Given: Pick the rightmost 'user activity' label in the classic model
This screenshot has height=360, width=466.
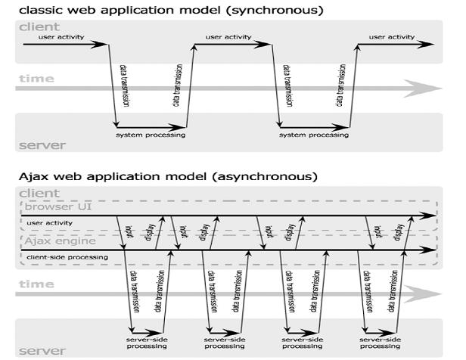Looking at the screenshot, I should [x=392, y=36].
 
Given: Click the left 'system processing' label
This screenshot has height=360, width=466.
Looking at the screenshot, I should [x=151, y=135].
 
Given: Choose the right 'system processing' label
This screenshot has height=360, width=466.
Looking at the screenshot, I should [x=314, y=135].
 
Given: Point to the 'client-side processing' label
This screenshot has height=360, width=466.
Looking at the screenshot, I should [x=67, y=257].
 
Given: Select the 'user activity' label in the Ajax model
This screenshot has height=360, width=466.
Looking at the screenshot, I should [x=49, y=223].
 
